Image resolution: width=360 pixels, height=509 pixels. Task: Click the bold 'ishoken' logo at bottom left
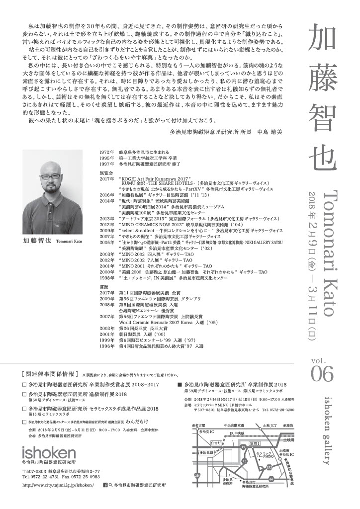pos(49,451)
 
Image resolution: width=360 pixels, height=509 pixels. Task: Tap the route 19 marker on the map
pos(243,448)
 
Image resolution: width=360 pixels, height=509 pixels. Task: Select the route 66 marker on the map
pos(271,478)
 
